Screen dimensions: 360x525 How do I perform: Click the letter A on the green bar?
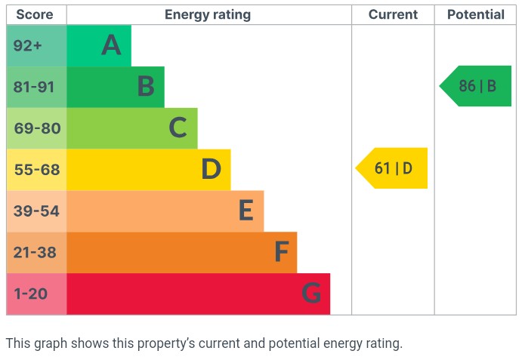pos(111,46)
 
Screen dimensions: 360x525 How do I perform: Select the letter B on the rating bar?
pos(146,87)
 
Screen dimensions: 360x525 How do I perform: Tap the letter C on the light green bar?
pos(178,128)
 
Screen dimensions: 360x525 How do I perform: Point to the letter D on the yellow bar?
pos(211,170)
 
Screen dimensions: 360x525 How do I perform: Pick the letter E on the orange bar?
pos(246,211)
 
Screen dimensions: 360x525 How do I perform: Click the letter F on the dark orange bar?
pos(281,252)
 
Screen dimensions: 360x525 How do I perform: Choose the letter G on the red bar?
pos(311,294)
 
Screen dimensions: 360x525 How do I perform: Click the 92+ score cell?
pos(28,46)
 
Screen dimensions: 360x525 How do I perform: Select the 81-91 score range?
pos(35,87)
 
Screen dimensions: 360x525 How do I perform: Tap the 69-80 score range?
pos(36,128)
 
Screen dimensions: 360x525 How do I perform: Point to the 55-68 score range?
pos(36,170)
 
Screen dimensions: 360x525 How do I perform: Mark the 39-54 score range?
pos(36,211)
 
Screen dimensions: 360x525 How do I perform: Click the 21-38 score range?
pos(35,252)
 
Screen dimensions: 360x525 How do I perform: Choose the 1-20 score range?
pos(31,294)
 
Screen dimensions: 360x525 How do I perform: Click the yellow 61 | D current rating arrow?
pos(393,168)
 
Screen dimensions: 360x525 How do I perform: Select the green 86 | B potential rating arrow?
pos(477,86)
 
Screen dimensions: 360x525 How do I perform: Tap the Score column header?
pos(35,14)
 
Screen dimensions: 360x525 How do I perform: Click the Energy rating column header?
pos(208,14)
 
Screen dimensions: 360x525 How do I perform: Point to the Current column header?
pos(393,14)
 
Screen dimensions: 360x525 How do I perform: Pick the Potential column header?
pos(475,14)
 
